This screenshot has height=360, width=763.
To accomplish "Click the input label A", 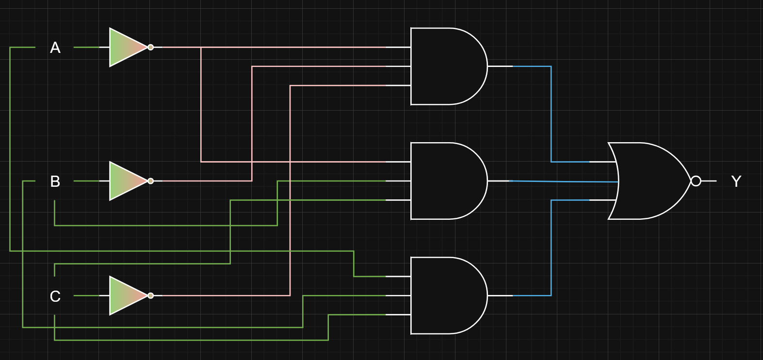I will pos(55,48).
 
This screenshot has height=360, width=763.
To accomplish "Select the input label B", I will pos(55,181).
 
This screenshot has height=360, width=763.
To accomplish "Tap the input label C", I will pos(55,296).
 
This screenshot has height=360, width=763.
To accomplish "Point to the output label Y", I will pos(736,181).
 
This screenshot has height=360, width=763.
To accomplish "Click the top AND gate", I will pos(446,66).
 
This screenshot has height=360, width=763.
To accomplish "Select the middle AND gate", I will pos(446,181).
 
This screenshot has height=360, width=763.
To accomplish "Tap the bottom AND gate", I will pos(446,295).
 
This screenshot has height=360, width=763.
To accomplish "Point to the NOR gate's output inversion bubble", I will pos(696,181).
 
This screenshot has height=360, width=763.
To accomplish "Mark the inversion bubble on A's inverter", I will pos(151,48).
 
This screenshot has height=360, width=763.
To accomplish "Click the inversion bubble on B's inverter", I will pos(151,181).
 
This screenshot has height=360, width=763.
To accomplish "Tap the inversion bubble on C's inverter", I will pos(151,295).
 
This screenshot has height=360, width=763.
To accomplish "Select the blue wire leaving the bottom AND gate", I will pos(551,247).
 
